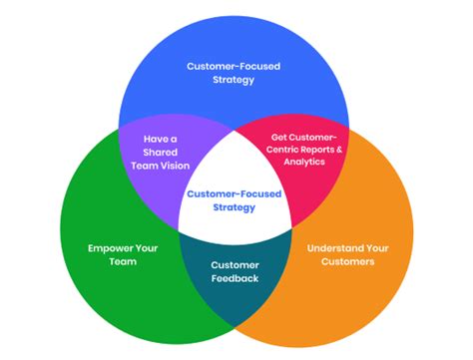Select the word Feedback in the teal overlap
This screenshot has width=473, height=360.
tap(236, 278)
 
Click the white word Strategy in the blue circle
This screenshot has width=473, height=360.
tap(236, 80)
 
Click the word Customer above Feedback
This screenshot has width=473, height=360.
tap(236, 265)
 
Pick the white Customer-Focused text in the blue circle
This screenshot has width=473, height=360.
tap(236, 66)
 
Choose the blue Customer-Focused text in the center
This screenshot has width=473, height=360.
tap(236, 193)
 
